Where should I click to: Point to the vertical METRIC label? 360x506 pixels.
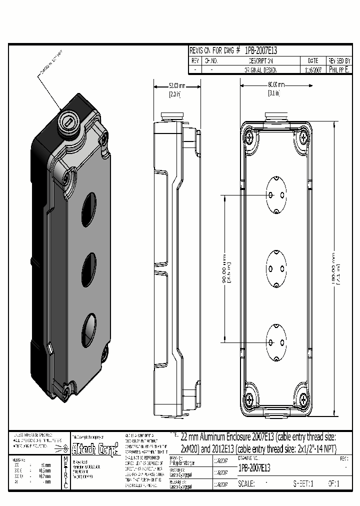click(65, 472)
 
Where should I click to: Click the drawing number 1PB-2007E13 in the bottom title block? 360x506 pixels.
click(254, 468)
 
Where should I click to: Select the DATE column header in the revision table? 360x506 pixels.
click(313, 60)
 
